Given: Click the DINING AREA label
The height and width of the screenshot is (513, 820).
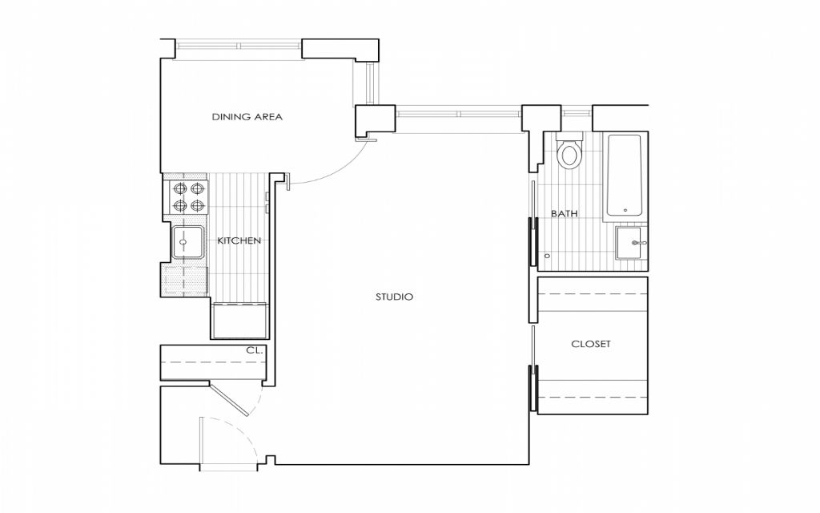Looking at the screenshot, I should point(247,117).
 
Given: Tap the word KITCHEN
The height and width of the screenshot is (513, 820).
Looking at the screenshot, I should point(239,240).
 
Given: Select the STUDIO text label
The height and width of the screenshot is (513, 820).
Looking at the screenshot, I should point(394,297).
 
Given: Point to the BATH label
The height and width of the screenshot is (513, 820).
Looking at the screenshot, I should point(564,214).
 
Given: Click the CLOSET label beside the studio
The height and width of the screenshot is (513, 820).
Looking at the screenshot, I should point(590,344).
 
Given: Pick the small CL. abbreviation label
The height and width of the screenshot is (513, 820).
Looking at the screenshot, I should point(254,351).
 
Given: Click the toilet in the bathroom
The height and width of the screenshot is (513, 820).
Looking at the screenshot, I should point(570,153).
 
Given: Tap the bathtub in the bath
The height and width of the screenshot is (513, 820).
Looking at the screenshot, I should point(624,175).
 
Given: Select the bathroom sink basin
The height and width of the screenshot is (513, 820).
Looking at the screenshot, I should point(631,243).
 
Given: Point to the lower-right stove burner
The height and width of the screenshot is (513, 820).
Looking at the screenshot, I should point(198,206).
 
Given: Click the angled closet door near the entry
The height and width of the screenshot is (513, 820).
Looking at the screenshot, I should point(230,399).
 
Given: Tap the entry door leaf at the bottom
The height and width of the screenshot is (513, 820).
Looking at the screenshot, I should point(201,442).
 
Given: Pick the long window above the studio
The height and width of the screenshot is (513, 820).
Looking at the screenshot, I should point(458,113).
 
